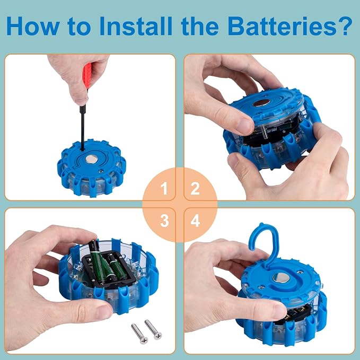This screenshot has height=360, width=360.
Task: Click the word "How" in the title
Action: click(33, 26)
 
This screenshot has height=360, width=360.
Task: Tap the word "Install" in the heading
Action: click(136, 25)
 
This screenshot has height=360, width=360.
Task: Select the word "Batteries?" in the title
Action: click(289, 25)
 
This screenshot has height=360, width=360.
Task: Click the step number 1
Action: click(164, 189)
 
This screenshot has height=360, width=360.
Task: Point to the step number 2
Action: click(195, 189)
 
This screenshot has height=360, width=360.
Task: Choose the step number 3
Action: click(164, 221)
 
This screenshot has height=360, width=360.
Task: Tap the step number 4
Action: click(195, 221)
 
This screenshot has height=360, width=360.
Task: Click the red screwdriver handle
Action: click(87, 76)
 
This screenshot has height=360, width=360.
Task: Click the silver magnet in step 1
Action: click(91, 159)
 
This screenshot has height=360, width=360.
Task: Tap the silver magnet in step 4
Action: click(281, 278)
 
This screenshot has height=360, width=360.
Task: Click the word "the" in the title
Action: click(200, 25)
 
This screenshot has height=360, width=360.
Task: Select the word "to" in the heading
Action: click(80, 27)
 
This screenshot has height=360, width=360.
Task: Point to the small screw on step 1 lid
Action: click(100, 171)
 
